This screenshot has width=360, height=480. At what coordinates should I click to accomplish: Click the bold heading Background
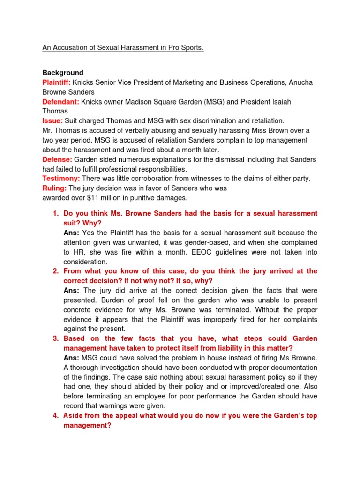pyautogui.click(x=63, y=73)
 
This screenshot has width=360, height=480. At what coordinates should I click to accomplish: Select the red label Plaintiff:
pyautogui.click(x=57, y=82)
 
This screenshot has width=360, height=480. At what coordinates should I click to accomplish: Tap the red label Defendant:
pyautogui.click(x=60, y=101)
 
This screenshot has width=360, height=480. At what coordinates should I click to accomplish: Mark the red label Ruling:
pyautogui.click(x=54, y=188)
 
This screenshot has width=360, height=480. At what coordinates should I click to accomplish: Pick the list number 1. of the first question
pyautogui.click(x=55, y=213)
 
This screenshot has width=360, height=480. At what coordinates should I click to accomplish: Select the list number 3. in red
pyautogui.click(x=55, y=338)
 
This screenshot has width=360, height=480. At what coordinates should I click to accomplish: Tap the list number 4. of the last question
pyautogui.click(x=55, y=416)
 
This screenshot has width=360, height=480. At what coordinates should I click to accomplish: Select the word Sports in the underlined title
pyautogui.click(x=191, y=48)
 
